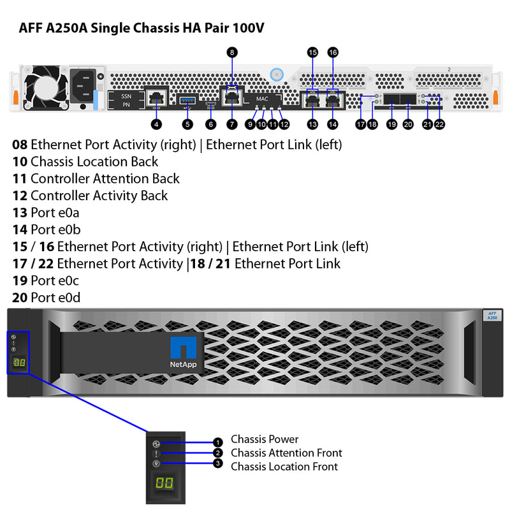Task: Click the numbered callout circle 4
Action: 156,124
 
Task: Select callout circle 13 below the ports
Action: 312,124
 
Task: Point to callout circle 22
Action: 439,124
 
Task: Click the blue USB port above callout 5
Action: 187,99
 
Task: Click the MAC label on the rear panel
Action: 263,99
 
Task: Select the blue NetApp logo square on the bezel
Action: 183,349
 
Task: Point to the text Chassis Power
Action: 264,439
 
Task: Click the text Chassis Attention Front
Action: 286,453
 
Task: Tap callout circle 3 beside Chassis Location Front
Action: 218,464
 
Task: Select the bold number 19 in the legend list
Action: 20,280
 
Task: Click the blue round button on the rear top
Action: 277,74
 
